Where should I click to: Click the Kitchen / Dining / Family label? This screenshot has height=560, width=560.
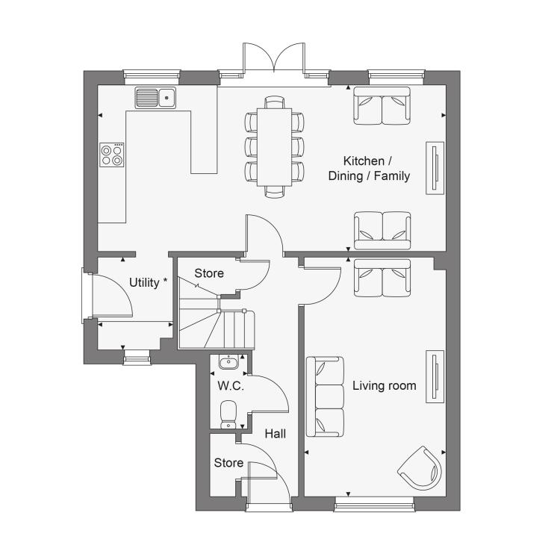coord(369,169)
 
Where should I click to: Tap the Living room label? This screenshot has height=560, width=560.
coord(385,386)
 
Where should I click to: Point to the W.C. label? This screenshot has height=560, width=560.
coord(231,386)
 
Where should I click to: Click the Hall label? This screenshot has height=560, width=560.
coord(276,434)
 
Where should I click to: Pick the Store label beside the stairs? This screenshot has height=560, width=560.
coord(209,273)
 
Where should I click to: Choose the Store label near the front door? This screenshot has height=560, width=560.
coord(228,463)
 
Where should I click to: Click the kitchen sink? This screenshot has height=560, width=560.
coord(155,97)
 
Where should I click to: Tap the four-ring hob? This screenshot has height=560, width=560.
coord(112,155)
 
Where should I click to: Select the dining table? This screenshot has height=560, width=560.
coord(274,147)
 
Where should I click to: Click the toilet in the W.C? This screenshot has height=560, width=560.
coord(228,414)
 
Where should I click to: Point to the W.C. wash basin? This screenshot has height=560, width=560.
coord(228,362)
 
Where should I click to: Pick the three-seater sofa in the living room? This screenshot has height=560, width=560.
coord(325,396)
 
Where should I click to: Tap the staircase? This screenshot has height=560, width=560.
coord(217,321)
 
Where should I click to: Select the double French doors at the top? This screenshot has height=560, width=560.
coord(274,57)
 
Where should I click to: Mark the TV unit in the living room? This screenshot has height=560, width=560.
coord(435,377)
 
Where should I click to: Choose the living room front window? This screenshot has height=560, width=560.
coord(374,505)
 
